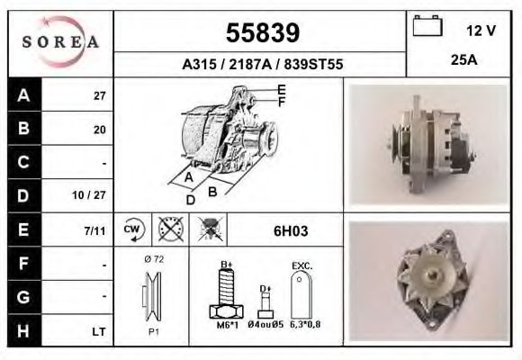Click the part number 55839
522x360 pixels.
262,34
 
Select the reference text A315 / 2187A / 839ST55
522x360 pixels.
262,65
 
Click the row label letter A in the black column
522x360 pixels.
22,95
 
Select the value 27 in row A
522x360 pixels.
100,96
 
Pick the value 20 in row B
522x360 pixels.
100,129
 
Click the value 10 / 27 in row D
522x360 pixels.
94,194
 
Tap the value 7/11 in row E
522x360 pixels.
94,230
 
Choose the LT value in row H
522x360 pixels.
99,332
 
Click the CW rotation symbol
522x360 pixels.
132,229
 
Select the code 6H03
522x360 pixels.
291,230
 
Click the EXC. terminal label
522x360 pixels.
301,266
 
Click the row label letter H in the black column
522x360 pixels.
22,332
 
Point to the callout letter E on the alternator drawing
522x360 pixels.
281,89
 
